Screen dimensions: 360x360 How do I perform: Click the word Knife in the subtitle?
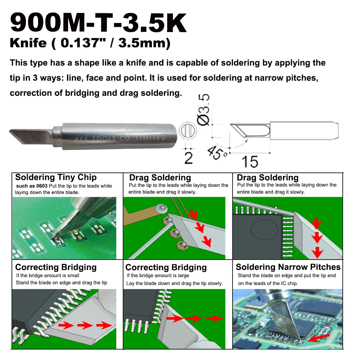[28, 43]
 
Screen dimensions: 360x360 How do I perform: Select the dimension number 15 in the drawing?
[250, 162]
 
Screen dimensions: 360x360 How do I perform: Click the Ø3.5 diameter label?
[203, 109]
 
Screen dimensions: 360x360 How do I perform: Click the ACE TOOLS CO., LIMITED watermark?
[120, 138]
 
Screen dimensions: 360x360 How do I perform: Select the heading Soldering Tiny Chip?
[56, 177]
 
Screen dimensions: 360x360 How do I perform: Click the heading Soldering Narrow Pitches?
[288, 267]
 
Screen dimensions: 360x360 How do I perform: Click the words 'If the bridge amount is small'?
[48, 275]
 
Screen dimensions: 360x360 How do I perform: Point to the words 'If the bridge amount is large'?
[158, 275]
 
